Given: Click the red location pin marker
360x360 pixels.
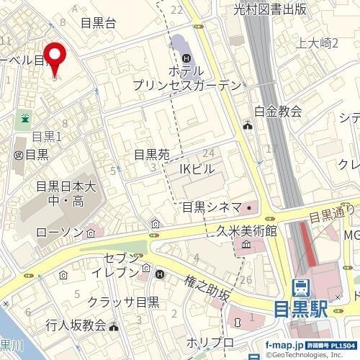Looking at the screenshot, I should pyautogui.click(x=56, y=58).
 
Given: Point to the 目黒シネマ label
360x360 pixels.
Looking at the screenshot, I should pyautogui.click(x=211, y=207).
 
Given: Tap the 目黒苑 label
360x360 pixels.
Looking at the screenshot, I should pyautogui.click(x=151, y=154).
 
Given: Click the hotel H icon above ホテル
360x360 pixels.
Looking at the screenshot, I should pyautogui.click(x=186, y=57).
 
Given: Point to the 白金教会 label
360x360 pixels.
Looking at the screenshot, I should pyautogui.click(x=278, y=111).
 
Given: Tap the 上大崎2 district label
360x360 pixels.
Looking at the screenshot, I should pyautogui.click(x=318, y=44).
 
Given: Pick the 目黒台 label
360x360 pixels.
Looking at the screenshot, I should pyautogui.click(x=98, y=22).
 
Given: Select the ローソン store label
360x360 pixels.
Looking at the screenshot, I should pyautogui.click(x=60, y=233).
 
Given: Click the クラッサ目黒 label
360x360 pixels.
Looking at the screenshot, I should pyautogui.click(x=123, y=302).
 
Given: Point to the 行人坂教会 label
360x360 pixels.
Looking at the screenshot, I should pyautogui.click(x=75, y=325).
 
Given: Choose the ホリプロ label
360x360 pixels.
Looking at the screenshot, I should pyautogui.click(x=210, y=341).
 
